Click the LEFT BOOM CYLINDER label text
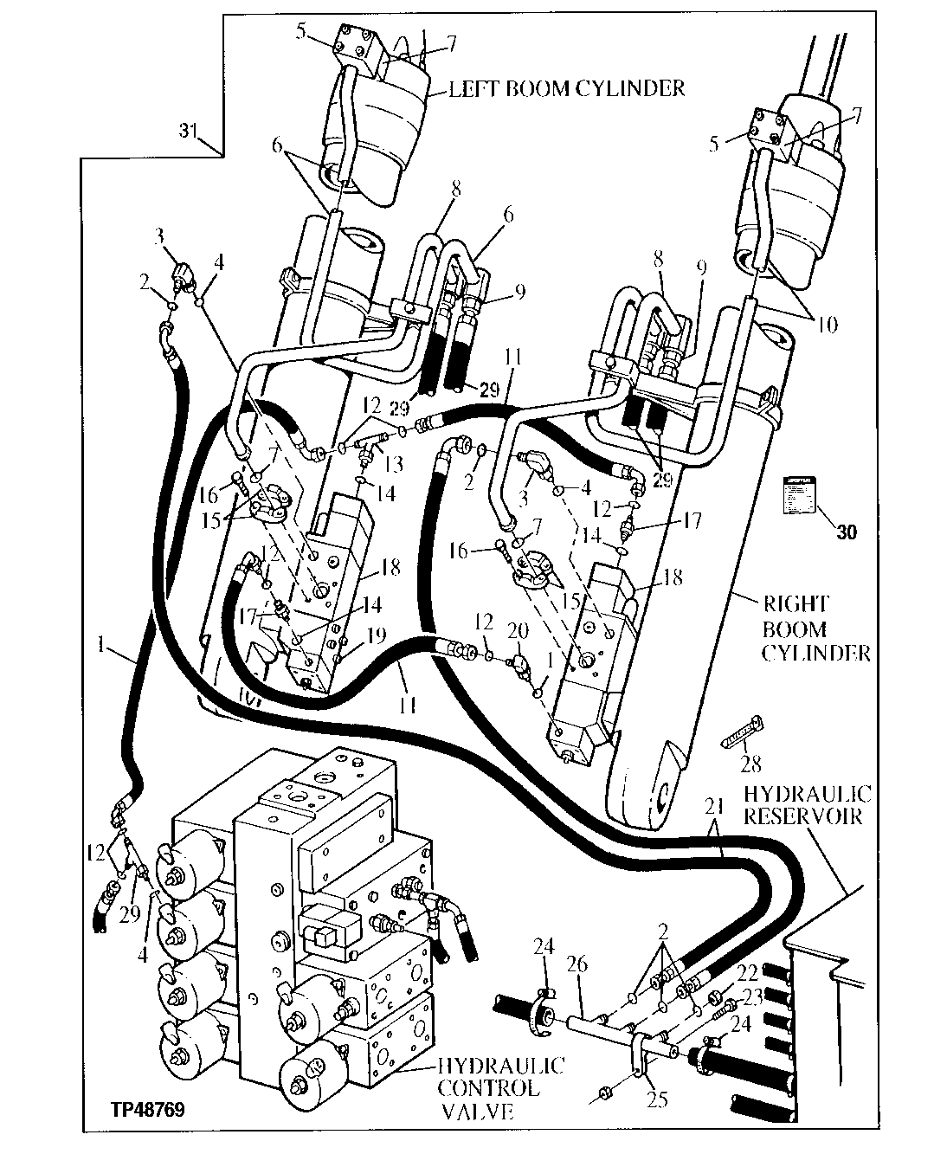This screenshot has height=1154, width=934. point(567,88)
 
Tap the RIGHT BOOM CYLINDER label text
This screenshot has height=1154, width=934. point(815,629)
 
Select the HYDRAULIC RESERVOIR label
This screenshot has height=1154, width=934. point(807,805)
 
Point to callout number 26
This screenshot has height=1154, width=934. point(578,964)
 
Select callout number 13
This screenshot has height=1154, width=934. point(395,465)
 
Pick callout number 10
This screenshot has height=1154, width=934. point(827,326)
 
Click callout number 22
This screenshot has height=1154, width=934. point(746,973)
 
